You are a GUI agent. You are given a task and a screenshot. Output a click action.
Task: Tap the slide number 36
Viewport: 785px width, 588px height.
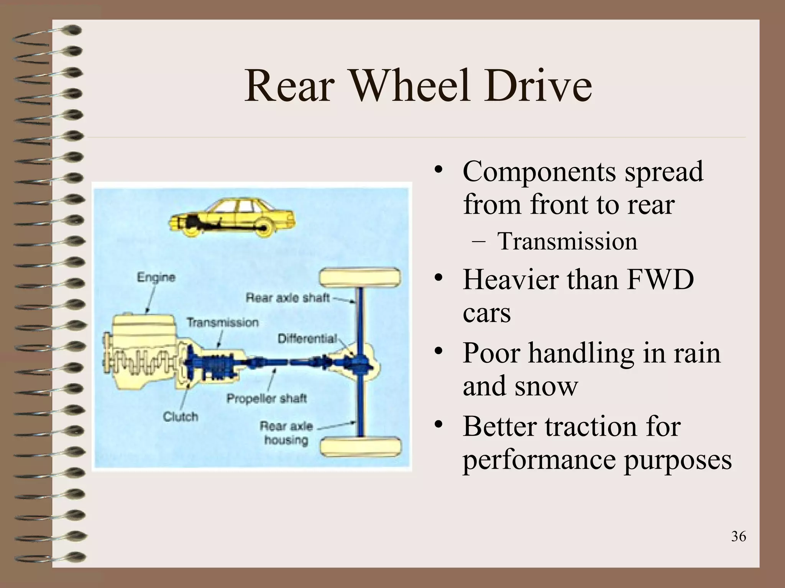[x=738, y=536]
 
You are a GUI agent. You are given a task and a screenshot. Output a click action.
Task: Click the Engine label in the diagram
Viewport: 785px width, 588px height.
[x=156, y=277]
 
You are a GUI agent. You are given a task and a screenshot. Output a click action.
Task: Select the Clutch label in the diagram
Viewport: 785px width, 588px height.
[x=181, y=416]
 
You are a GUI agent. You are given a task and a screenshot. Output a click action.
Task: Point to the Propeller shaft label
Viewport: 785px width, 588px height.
[x=267, y=399]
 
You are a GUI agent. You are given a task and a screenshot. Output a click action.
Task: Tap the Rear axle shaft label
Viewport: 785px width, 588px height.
[x=287, y=297]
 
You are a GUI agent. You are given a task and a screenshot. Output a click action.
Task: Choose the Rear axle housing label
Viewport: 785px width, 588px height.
[x=286, y=433]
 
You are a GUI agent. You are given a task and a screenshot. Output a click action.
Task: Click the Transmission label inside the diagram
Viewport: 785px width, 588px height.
[x=223, y=322]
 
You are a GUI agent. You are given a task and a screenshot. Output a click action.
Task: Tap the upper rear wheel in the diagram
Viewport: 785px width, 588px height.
[x=360, y=278]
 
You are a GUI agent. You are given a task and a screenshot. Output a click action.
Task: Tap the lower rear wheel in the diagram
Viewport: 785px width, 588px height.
[x=361, y=447]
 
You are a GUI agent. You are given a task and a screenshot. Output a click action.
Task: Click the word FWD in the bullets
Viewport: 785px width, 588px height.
[x=660, y=280]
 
